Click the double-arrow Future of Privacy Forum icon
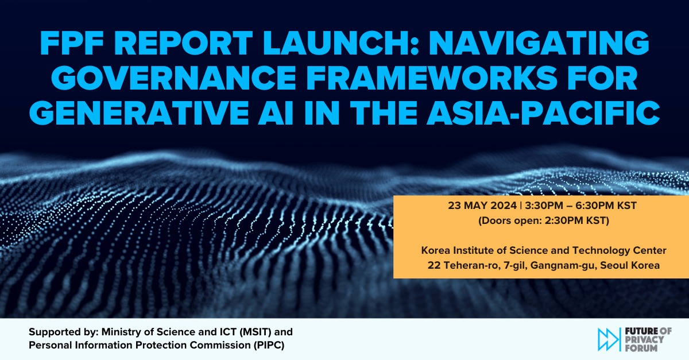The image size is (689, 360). point(608,339)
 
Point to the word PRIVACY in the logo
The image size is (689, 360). point(642,339)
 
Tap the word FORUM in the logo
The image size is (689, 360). point(639,347)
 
